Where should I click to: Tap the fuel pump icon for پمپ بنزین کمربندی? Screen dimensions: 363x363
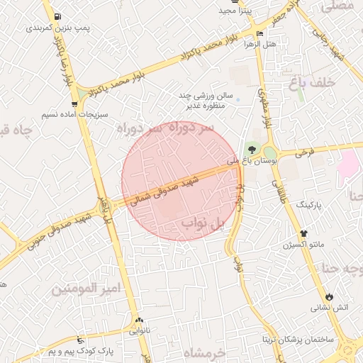point(57,16)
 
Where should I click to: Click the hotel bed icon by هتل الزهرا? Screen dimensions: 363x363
point(259,33)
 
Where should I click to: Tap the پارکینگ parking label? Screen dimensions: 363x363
point(308,204)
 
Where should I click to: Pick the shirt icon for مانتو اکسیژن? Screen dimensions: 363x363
point(304,233)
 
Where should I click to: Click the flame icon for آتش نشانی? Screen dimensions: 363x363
point(329,296)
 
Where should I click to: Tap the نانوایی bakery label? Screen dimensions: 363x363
point(139,330)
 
